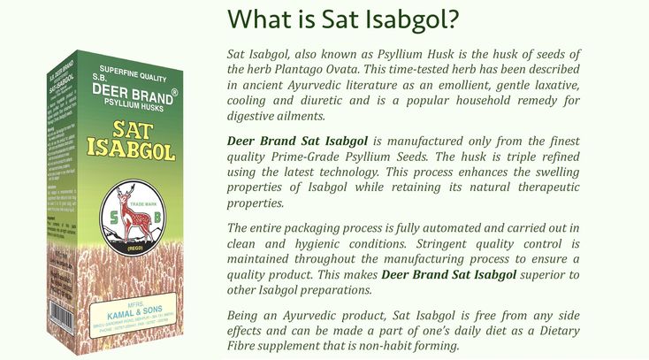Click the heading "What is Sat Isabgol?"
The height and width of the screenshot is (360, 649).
click(x=346, y=19)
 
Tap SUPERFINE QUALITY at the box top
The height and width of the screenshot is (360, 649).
click(x=130, y=70)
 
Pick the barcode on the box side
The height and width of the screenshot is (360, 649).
click(x=60, y=321)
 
